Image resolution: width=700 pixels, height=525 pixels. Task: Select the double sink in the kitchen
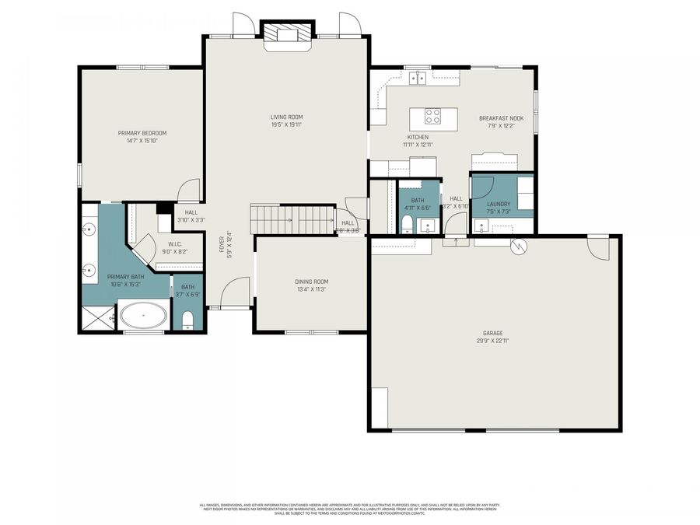pos(418,77)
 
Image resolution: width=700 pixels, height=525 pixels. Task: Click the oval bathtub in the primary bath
pos(142,317)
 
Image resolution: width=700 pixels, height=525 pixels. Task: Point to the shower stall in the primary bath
pos(97,317)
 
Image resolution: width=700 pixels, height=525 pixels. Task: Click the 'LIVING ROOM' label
pos(286,117)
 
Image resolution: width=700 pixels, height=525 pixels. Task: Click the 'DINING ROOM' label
pos(311,282)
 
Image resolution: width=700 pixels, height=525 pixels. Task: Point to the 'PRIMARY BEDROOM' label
pos(142,133)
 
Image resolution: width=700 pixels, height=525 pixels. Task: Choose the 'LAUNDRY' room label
pos(499,204)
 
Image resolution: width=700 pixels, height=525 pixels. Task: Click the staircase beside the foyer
pos(292,219)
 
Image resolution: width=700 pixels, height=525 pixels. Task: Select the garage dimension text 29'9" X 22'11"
pos(494,340)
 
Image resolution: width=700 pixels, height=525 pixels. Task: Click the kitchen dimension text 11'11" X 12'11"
pos(417,145)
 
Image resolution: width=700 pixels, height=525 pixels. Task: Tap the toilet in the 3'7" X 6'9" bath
pos(187,320)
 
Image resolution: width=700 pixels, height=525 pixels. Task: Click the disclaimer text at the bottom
pos(351,508)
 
